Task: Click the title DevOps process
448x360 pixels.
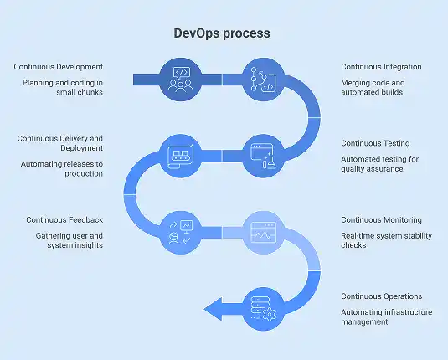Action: [222, 34]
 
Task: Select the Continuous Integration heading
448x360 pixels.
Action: [381, 66]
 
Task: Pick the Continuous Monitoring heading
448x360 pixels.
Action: [382, 220]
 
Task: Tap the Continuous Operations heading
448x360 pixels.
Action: [381, 296]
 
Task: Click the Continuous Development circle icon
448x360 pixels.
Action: [181, 79]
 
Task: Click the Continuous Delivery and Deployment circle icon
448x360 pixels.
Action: [181, 155]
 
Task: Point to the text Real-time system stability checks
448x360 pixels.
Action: [385, 241]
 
